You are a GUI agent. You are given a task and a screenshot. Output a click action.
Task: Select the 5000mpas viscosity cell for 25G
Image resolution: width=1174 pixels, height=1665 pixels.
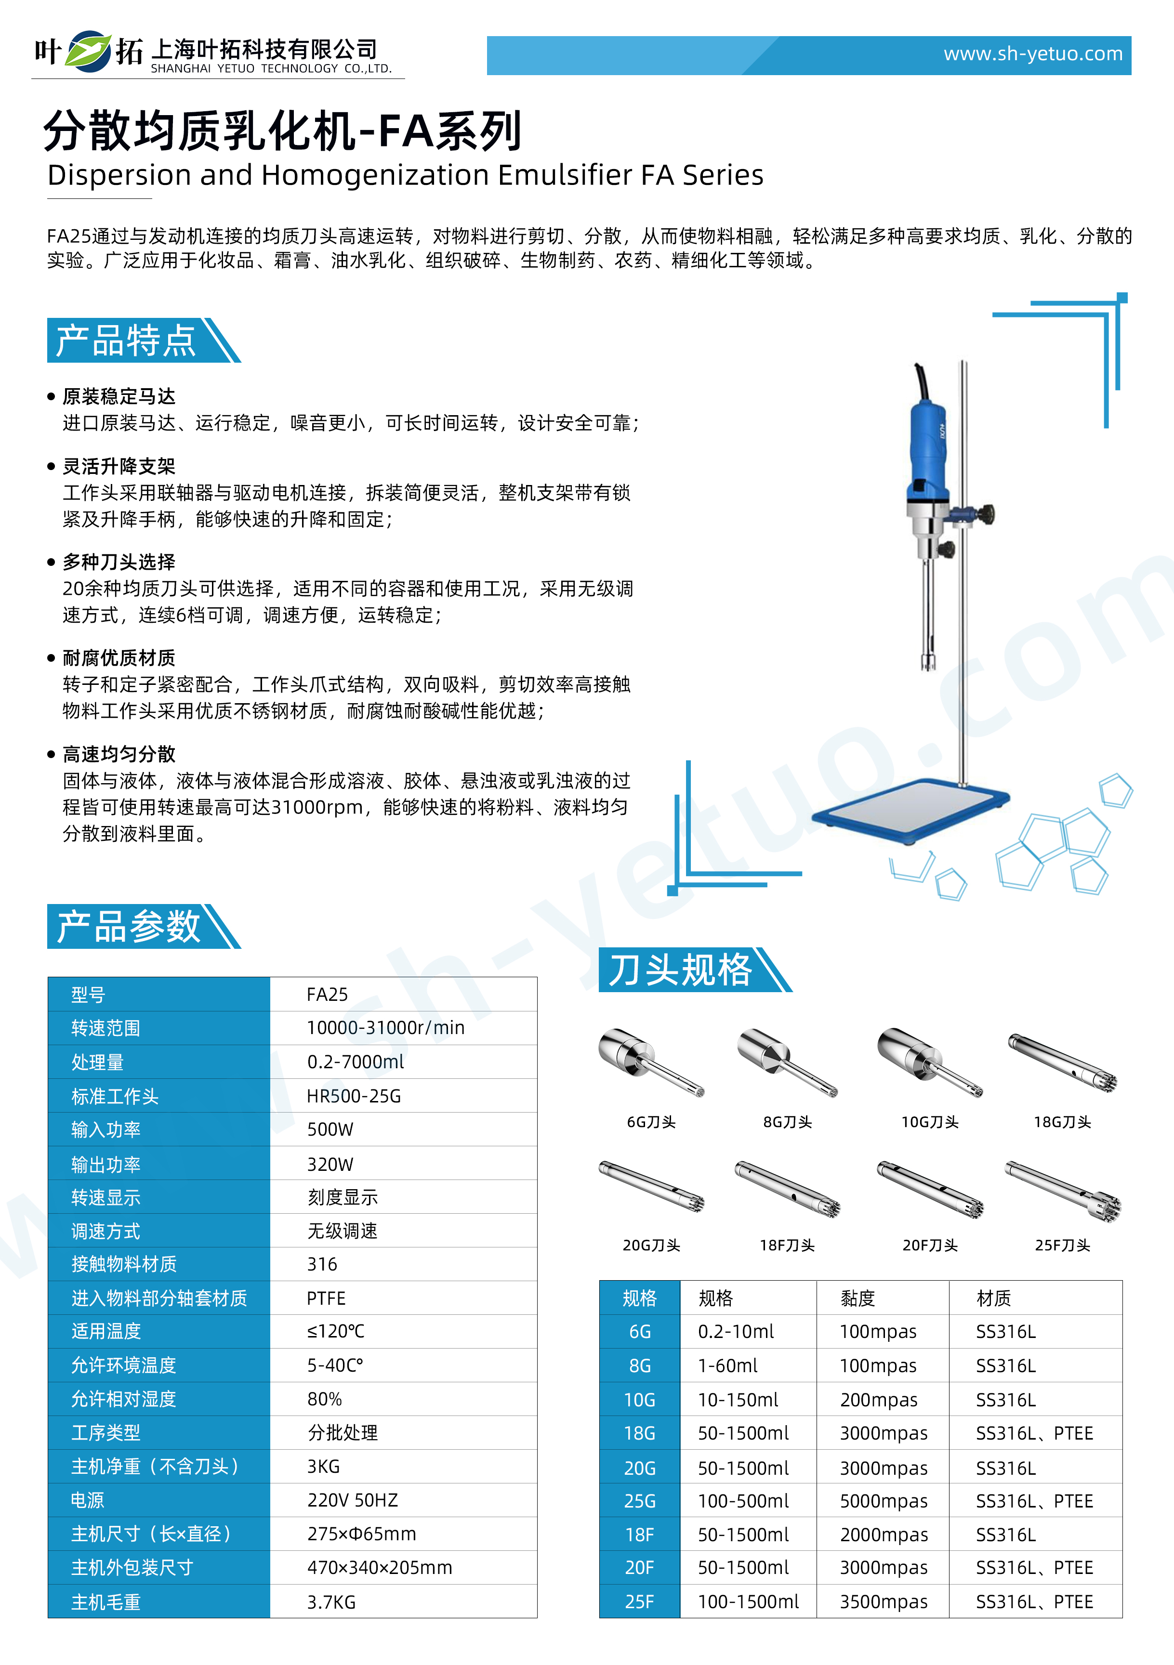(x=883, y=1501)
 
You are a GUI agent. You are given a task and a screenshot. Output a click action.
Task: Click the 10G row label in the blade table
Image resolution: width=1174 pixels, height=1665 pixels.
(x=640, y=1400)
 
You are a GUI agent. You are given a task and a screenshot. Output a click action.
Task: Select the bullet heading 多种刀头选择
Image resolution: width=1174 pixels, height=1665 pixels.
(x=119, y=562)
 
